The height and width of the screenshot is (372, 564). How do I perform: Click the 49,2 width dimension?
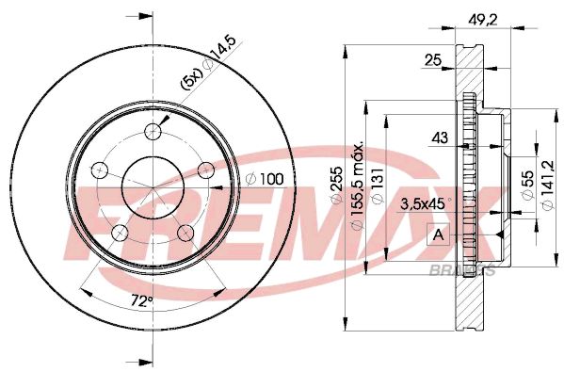[483, 20]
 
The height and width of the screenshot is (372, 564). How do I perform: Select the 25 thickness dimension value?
[433, 60]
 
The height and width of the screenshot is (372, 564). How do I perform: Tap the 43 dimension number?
[440, 137]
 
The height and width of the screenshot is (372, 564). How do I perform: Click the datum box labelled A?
[438, 235]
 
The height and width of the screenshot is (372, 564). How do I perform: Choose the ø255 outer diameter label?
[336, 186]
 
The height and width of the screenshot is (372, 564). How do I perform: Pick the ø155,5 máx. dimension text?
[357, 186]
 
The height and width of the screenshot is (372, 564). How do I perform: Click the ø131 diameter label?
[377, 186]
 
